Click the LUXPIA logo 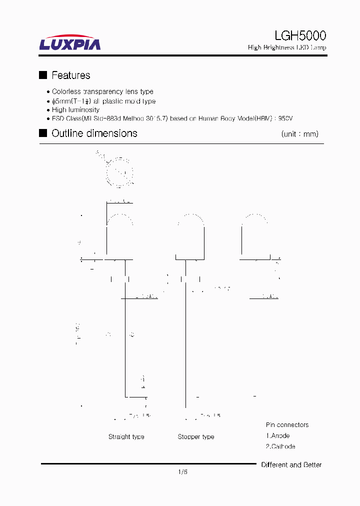[x=70, y=43]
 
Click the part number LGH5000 [x=300, y=35]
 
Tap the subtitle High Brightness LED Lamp [x=287, y=47]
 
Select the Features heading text [x=71, y=75]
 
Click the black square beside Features [x=43, y=75]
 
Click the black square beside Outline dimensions [x=43, y=133]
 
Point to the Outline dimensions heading [x=94, y=133]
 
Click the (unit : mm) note [x=299, y=134]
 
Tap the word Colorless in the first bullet [x=66, y=91]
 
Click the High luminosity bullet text [x=75, y=109]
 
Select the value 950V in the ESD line [x=285, y=118]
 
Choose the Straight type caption [x=126, y=437]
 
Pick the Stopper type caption [x=196, y=437]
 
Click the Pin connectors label [x=287, y=425]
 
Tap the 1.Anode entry [x=277, y=435]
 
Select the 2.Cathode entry [x=280, y=446]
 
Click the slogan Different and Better [x=291, y=465]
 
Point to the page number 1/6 [x=182, y=471]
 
